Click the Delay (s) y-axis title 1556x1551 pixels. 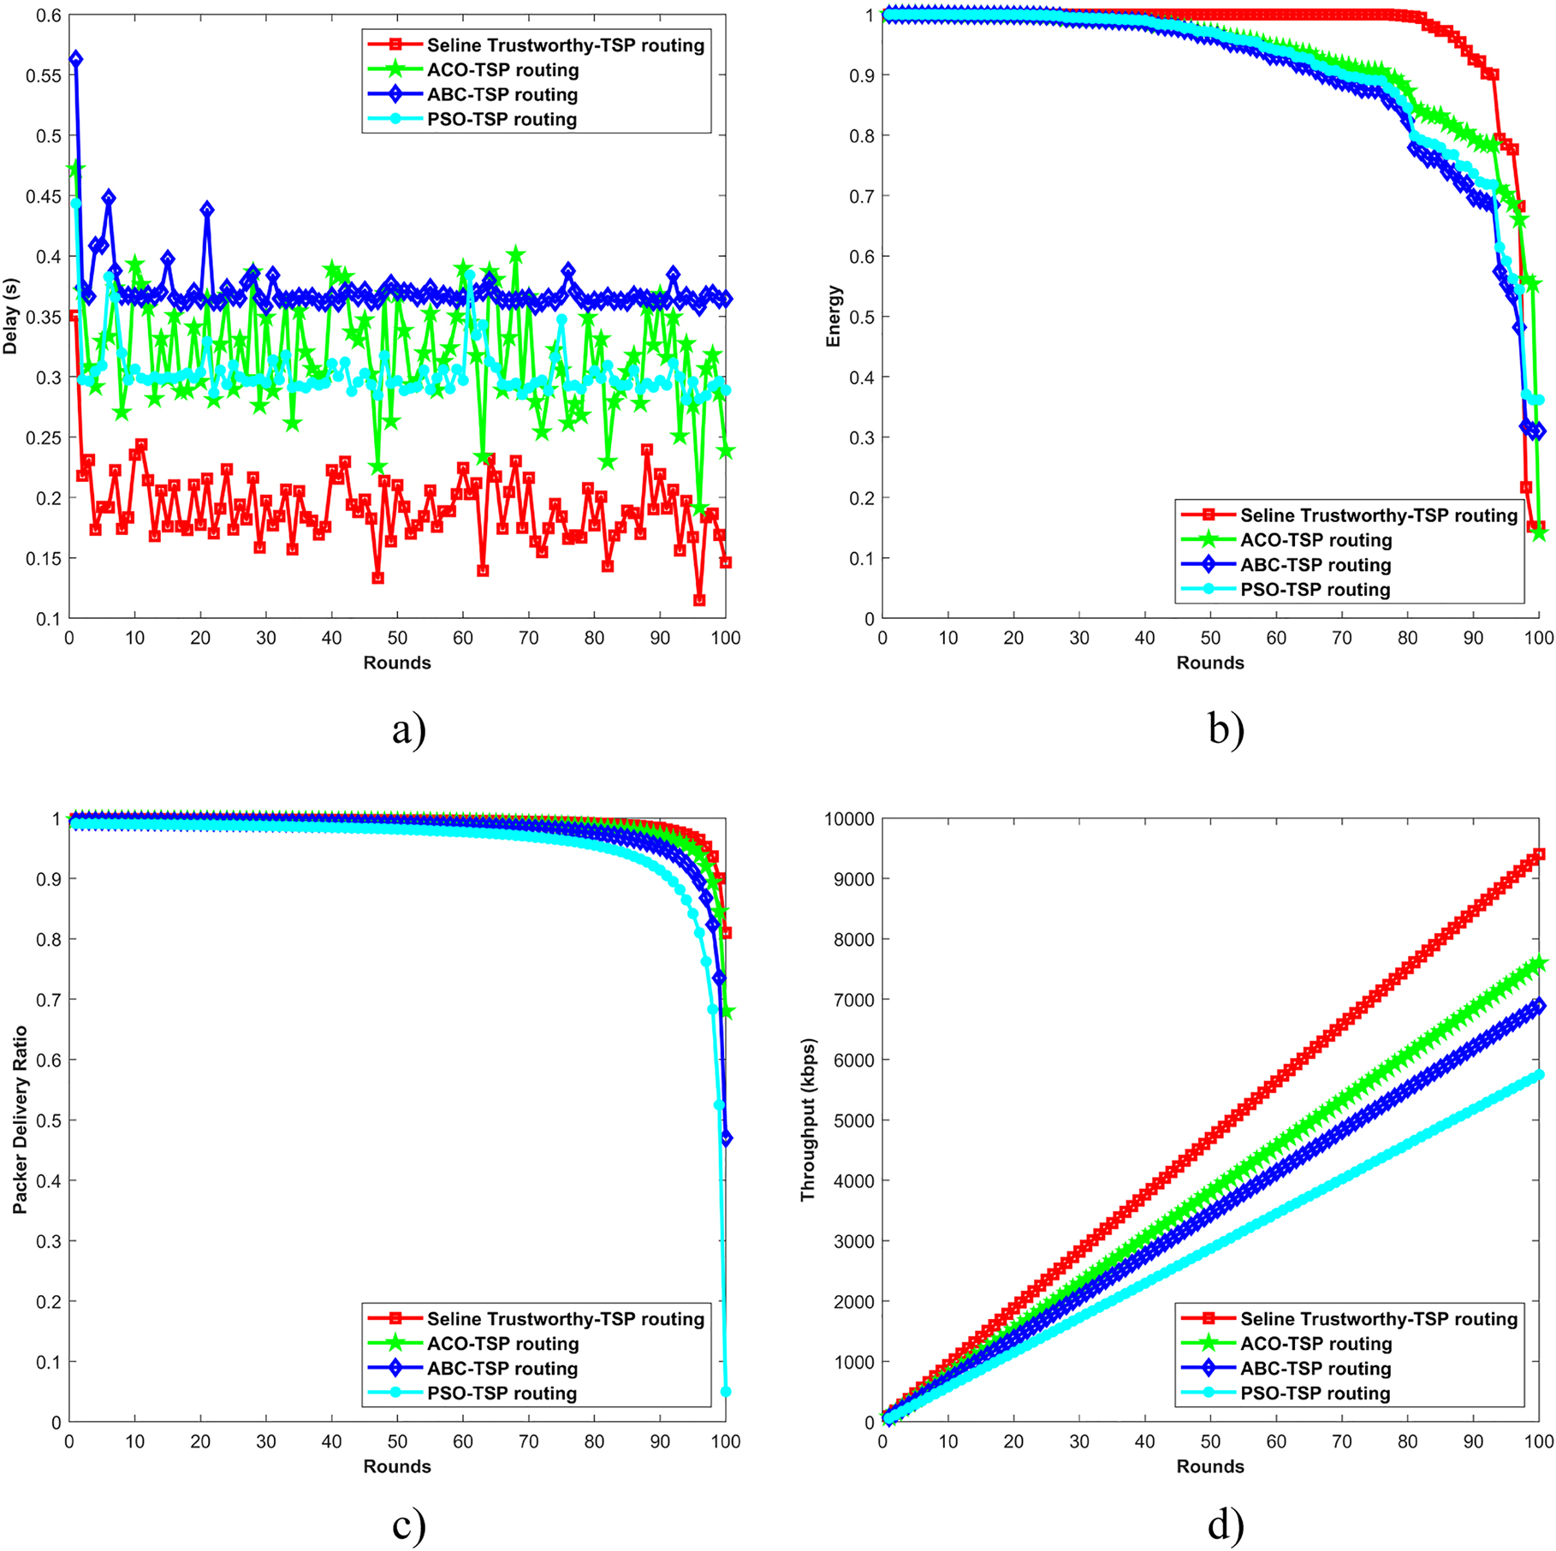pos(11,316)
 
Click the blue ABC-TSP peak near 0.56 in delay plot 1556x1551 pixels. pos(76,59)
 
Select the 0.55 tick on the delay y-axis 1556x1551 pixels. pos(43,75)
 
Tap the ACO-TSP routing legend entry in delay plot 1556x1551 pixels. pos(502,70)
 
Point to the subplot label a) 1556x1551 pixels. pos(408,730)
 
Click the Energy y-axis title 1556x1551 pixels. pos(834,316)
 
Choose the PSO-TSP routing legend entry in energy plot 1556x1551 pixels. pos(1315,590)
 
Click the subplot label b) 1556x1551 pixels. pos(1226,730)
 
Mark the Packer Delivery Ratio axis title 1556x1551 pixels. pos(20,1120)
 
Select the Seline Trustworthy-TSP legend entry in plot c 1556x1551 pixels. pos(565,1320)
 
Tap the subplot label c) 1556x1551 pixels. pos(408,1525)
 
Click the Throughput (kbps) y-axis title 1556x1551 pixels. pos(808,1120)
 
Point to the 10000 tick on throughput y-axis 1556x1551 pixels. pos(849,819)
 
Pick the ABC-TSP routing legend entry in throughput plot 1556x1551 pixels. pos(1315,1369)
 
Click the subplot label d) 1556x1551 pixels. pos(1226,1525)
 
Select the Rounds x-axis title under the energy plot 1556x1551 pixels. pos(1209,663)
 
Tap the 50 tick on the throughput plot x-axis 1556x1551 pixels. pos(1209,1442)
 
